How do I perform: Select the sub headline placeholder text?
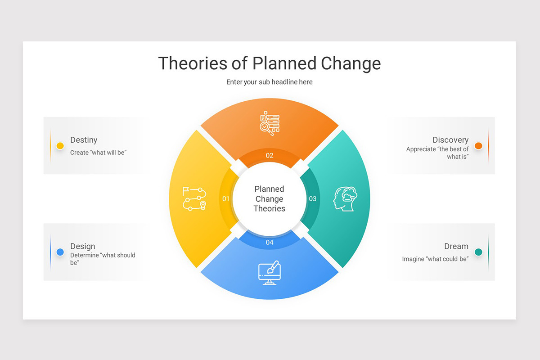269,82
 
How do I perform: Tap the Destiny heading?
84,140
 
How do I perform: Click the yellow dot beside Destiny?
60,146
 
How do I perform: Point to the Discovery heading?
450,140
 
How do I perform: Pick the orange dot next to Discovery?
478,146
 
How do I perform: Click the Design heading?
83,246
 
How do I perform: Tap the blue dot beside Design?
60,252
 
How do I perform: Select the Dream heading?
456,246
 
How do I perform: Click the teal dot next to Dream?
478,252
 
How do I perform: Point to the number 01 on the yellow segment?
226,198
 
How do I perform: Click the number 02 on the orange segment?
270,156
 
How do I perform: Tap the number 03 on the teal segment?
312,198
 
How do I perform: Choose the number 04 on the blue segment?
270,242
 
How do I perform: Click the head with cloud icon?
345,198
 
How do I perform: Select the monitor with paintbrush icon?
269,273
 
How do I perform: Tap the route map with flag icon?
194,198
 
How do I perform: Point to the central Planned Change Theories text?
269,198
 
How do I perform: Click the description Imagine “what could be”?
435,259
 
